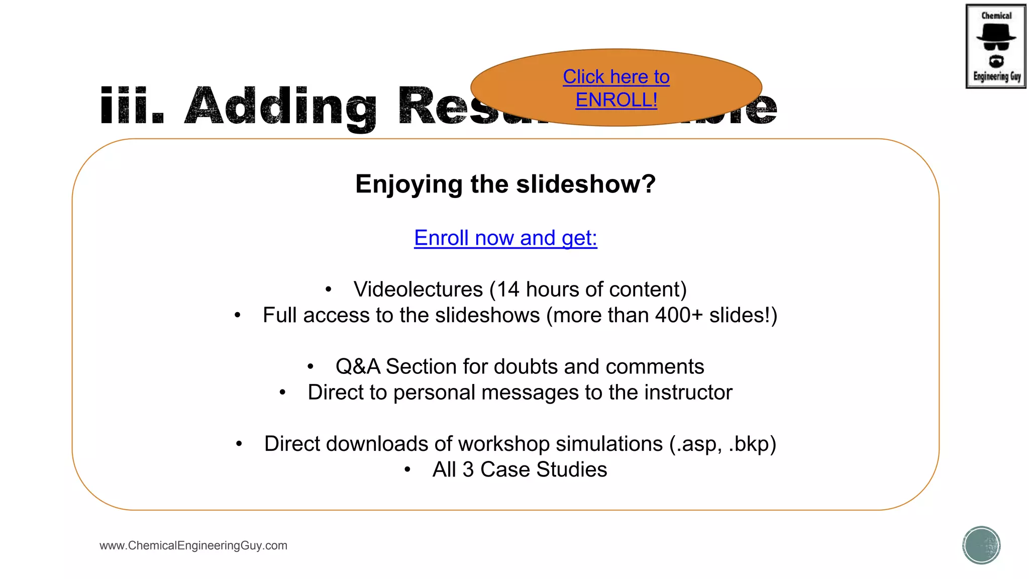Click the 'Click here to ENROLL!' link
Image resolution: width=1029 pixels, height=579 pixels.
coord(616,88)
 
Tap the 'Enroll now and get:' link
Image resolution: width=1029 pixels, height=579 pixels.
coord(505,238)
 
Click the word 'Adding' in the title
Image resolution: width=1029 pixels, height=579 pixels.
coord(280,107)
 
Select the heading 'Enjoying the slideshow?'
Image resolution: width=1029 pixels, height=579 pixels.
coord(505,184)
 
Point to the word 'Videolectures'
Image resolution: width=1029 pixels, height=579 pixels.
coord(418,289)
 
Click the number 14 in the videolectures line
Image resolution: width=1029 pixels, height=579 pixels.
coord(507,289)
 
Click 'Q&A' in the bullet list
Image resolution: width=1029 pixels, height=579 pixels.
coord(358,367)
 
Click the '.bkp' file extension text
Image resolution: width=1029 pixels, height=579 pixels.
coord(752,444)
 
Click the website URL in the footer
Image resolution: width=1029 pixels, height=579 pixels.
coord(193,545)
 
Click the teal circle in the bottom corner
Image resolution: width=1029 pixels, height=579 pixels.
coord(981,545)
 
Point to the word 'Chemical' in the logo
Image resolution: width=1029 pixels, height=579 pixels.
coord(996,16)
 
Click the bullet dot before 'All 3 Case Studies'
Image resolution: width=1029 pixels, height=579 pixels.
coord(407,470)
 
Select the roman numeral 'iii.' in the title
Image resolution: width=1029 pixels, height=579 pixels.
coord(132,107)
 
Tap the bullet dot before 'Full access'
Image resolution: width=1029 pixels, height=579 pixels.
coord(238,316)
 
